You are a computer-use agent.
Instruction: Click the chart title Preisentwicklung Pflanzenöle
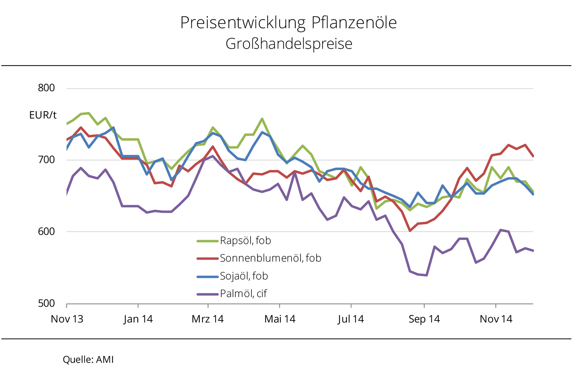[288, 23]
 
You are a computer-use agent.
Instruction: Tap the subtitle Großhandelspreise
[289, 44]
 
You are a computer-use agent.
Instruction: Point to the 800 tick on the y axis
[46, 88]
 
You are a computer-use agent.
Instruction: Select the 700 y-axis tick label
[46, 160]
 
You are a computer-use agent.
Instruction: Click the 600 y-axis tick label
[46, 231]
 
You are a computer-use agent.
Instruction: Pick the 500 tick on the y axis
[46, 303]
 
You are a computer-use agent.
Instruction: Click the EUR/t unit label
[43, 115]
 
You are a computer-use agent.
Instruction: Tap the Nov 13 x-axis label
[67, 319]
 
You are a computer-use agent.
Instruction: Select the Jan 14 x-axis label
[138, 319]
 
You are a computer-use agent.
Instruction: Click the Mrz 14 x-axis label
[208, 319]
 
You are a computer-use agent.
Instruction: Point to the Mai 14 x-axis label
[280, 319]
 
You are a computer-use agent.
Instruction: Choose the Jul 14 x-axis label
[351, 319]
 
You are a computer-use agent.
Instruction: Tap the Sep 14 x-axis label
[424, 319]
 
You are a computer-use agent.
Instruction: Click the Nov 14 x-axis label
[496, 319]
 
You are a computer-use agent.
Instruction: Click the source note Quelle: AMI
[88, 360]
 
